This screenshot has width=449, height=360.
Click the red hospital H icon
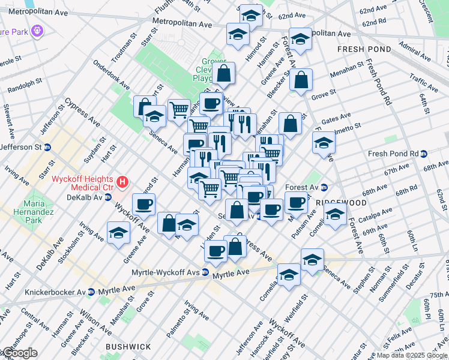[x=122, y=181]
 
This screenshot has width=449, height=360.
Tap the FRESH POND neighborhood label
[x=364, y=49]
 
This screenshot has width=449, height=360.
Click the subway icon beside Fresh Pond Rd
[x=424, y=154]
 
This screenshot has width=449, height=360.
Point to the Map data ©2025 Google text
[x=412, y=355]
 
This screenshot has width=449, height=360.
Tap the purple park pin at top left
[x=37, y=28]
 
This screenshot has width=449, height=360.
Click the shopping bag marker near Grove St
[x=301, y=79]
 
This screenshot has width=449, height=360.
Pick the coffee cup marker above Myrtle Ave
[x=215, y=250]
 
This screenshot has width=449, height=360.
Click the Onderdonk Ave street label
[x=110, y=75]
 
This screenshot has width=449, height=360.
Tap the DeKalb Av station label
[x=86, y=197]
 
